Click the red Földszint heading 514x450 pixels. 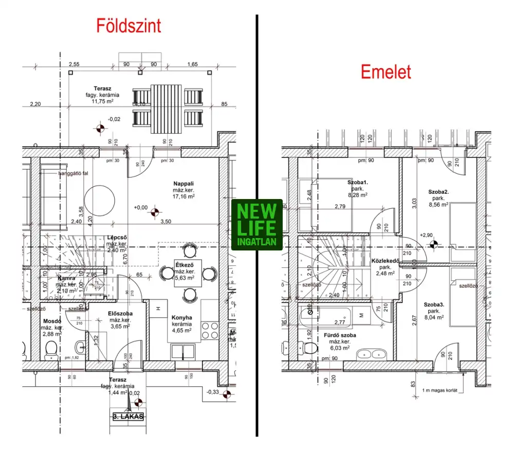[x=128, y=25]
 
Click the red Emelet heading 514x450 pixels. [x=385, y=72]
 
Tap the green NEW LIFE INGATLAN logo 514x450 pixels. [x=257, y=225]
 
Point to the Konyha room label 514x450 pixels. [x=182, y=317]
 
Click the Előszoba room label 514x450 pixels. [x=121, y=313]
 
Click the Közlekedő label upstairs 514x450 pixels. [x=385, y=261]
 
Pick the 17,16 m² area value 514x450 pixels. [x=183, y=196]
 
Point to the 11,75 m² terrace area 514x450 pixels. [x=102, y=101]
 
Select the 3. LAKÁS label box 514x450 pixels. [x=128, y=417]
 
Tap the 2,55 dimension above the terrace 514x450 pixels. [x=74, y=64]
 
